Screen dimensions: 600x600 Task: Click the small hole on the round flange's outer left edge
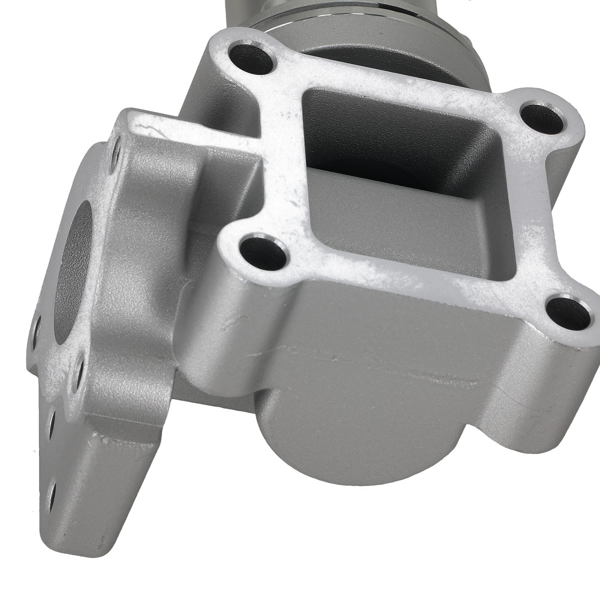point(37,327)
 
